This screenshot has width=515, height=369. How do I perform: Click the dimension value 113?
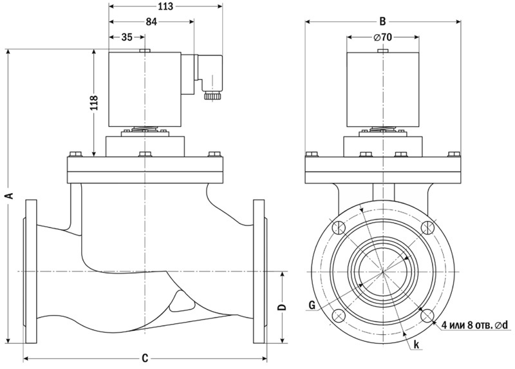(x=165, y=8)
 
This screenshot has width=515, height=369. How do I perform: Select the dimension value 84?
(x=151, y=22)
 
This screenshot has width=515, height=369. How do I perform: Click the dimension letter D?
(x=281, y=308)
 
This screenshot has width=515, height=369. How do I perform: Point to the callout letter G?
(x=312, y=305)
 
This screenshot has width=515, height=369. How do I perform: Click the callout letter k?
(x=417, y=345)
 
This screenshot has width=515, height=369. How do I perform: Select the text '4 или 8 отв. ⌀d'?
(x=475, y=325)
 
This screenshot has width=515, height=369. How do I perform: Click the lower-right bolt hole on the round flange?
(x=427, y=315)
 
